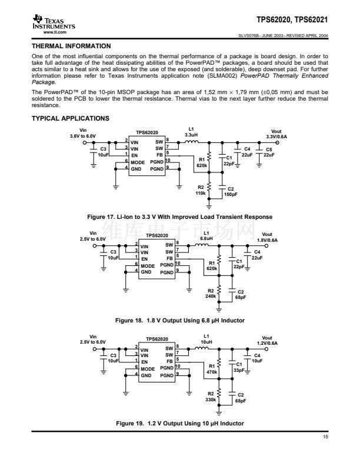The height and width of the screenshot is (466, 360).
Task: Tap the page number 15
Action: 325,437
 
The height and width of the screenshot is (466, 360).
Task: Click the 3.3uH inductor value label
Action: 191,135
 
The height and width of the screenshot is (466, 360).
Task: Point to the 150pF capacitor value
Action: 231,194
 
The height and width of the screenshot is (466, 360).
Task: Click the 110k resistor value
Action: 201,193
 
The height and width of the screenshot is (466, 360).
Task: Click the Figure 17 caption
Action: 179,218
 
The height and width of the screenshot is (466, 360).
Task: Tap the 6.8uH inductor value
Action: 206,239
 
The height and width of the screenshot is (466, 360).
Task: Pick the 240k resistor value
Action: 211,296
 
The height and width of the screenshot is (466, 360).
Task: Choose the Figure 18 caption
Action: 179,320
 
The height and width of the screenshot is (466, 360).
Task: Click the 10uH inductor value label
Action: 206,342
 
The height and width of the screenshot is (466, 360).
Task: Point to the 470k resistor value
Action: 211,372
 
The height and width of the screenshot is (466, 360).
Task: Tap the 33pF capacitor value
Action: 239,371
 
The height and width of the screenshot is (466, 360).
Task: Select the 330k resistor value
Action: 211,399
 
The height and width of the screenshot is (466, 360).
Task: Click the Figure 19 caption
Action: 179,424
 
